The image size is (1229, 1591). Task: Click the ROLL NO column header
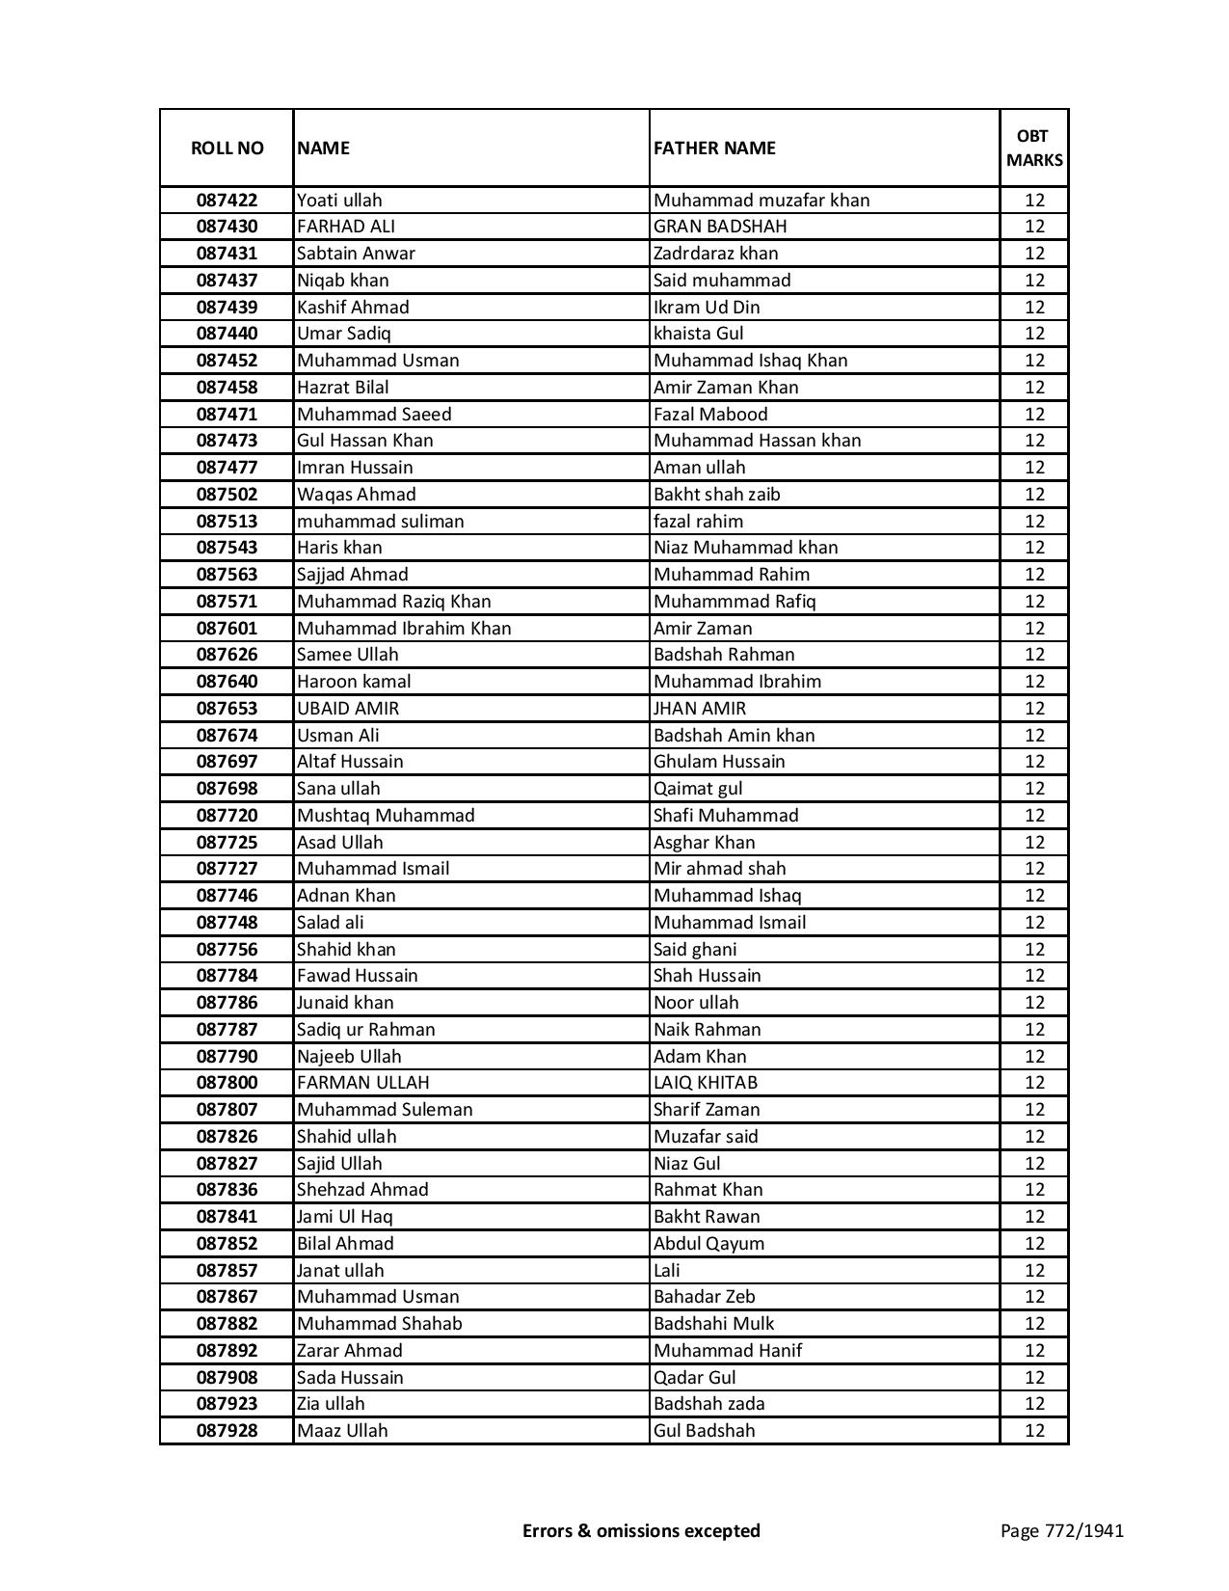tap(227, 148)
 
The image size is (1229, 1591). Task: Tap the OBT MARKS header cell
tap(1034, 148)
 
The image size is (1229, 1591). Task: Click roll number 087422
tap(227, 201)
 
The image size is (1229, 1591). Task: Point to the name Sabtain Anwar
tap(356, 254)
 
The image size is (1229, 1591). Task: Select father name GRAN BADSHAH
tap(720, 227)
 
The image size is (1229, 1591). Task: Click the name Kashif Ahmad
tap(353, 308)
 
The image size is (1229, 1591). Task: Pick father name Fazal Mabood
tap(710, 415)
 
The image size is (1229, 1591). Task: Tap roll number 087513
tap(227, 522)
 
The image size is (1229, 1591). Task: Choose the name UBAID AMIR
tap(348, 709)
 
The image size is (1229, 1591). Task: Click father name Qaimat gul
tap(698, 789)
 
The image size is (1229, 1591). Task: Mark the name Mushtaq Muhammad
tap(386, 816)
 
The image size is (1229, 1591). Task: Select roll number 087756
tap(227, 950)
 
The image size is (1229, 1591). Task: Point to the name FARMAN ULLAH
tap(363, 1083)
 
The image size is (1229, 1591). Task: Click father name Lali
tap(666, 1271)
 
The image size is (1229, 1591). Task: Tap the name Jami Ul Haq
tap(345, 1217)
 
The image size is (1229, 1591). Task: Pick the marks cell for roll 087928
tap(1034, 1431)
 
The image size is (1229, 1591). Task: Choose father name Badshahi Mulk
tap(713, 1324)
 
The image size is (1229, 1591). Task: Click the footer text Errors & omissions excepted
tap(641, 1530)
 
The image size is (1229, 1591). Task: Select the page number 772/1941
tap(1062, 1530)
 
